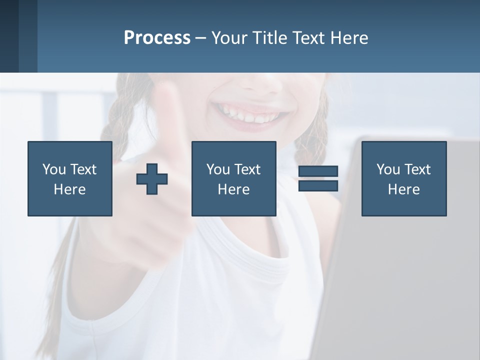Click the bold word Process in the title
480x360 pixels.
coord(157,38)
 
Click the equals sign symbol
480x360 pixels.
coord(318,178)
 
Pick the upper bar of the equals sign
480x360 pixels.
coord(318,171)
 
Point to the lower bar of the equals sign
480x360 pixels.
coord(318,186)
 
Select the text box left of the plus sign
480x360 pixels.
coord(70,178)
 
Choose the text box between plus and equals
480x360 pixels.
coord(233,178)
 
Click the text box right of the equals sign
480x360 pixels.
coord(403,178)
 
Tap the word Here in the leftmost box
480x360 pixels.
coord(69,189)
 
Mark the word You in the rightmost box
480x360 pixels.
coord(388,169)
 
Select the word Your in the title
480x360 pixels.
coord(228,38)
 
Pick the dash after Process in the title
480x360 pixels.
coord(200,38)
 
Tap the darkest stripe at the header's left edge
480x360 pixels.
coord(9,36)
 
